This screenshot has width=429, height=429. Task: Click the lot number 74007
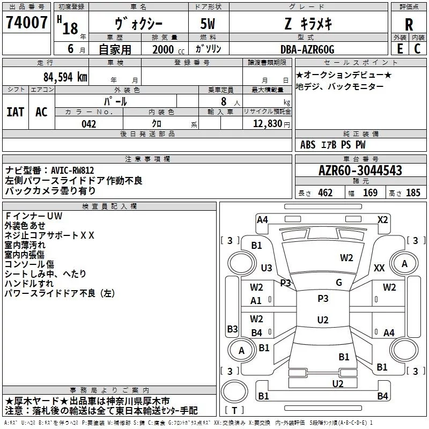click(26, 22)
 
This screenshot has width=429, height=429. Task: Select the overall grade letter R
click(409, 24)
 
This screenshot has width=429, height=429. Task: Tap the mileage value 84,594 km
click(65, 77)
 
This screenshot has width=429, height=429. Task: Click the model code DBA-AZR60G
click(307, 49)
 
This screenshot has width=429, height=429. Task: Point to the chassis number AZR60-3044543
click(360, 171)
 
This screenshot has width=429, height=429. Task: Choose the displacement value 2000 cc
click(168, 49)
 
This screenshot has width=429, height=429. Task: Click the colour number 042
click(88, 124)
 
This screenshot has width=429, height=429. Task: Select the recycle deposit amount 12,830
click(267, 124)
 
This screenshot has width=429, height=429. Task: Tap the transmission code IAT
click(16, 112)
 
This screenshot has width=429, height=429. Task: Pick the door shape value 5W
click(208, 24)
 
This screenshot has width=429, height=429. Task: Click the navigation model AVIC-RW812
click(72, 171)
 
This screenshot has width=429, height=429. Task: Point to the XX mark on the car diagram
click(379, 268)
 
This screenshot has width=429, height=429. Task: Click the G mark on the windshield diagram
click(339, 283)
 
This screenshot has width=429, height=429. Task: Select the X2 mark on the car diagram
click(382, 220)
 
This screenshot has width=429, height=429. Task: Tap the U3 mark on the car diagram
click(267, 268)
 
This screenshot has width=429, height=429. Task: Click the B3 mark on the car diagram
click(232, 329)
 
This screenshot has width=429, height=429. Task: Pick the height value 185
click(413, 193)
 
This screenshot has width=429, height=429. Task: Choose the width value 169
click(370, 193)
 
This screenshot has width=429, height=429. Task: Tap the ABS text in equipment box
click(308, 145)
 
